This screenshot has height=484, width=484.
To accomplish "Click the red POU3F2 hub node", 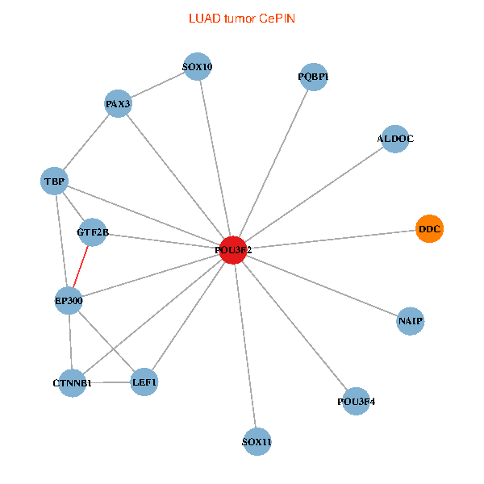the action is click(233, 250).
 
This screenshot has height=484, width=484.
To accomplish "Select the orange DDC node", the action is click(429, 229).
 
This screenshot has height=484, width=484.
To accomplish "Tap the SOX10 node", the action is click(197, 67).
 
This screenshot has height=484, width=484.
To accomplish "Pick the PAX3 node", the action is click(119, 104).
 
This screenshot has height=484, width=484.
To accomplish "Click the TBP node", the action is click(54, 181).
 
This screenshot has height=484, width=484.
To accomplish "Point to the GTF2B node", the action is click(92, 233).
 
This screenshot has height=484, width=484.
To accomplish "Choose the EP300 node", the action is click(69, 301).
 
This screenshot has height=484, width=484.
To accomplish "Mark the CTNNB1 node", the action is click(72, 382).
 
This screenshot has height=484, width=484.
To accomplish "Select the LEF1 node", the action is click(144, 382).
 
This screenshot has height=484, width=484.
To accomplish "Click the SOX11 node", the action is click(257, 442).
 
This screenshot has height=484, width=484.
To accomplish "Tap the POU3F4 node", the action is click(356, 401).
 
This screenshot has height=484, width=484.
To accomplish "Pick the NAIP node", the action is click(410, 321).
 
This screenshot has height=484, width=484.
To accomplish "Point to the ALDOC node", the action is click(394, 139).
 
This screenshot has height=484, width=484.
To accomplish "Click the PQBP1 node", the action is click(313, 77).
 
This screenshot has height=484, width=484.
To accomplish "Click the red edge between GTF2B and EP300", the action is click(81, 267).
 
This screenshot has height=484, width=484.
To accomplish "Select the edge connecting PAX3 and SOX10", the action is click(158, 86).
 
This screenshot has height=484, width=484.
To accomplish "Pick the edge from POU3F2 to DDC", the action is click(331, 240).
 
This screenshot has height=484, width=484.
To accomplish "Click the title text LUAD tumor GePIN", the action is click(241, 17).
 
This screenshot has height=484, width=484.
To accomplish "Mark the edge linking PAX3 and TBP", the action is click(86, 142).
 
